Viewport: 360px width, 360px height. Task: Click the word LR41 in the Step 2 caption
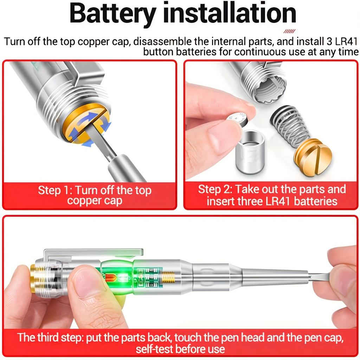[x=275, y=201]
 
